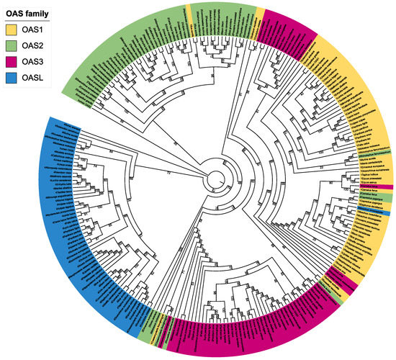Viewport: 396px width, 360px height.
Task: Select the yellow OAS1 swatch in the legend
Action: pos(13,30)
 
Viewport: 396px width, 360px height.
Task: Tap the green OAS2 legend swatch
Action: pos(13,46)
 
